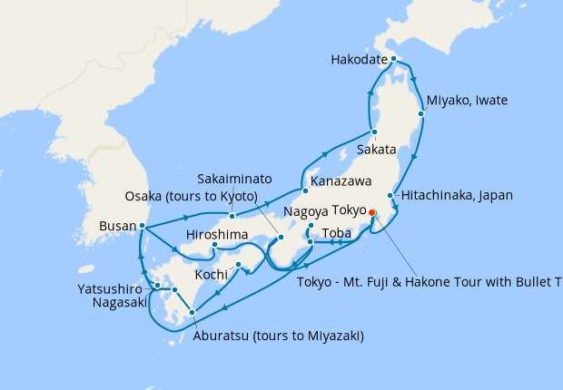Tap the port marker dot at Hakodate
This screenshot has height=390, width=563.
(393, 59)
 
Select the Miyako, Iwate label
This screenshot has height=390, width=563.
(467, 100)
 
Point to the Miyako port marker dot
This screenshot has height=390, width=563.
(421, 114)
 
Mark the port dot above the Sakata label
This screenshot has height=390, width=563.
(374, 132)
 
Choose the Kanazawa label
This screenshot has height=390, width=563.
(341, 181)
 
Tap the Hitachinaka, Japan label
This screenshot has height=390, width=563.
(457, 195)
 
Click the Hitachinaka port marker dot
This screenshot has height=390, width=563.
(390, 195)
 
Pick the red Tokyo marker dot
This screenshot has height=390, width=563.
(371, 212)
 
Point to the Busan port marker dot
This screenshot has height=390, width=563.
(143, 226)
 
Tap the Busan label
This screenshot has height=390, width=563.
(118, 226)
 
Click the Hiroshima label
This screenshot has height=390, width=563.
(217, 235)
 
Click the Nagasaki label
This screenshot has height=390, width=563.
(119, 303)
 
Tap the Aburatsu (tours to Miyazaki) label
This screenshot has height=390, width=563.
(278, 336)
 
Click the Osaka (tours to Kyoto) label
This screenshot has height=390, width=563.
(192, 197)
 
